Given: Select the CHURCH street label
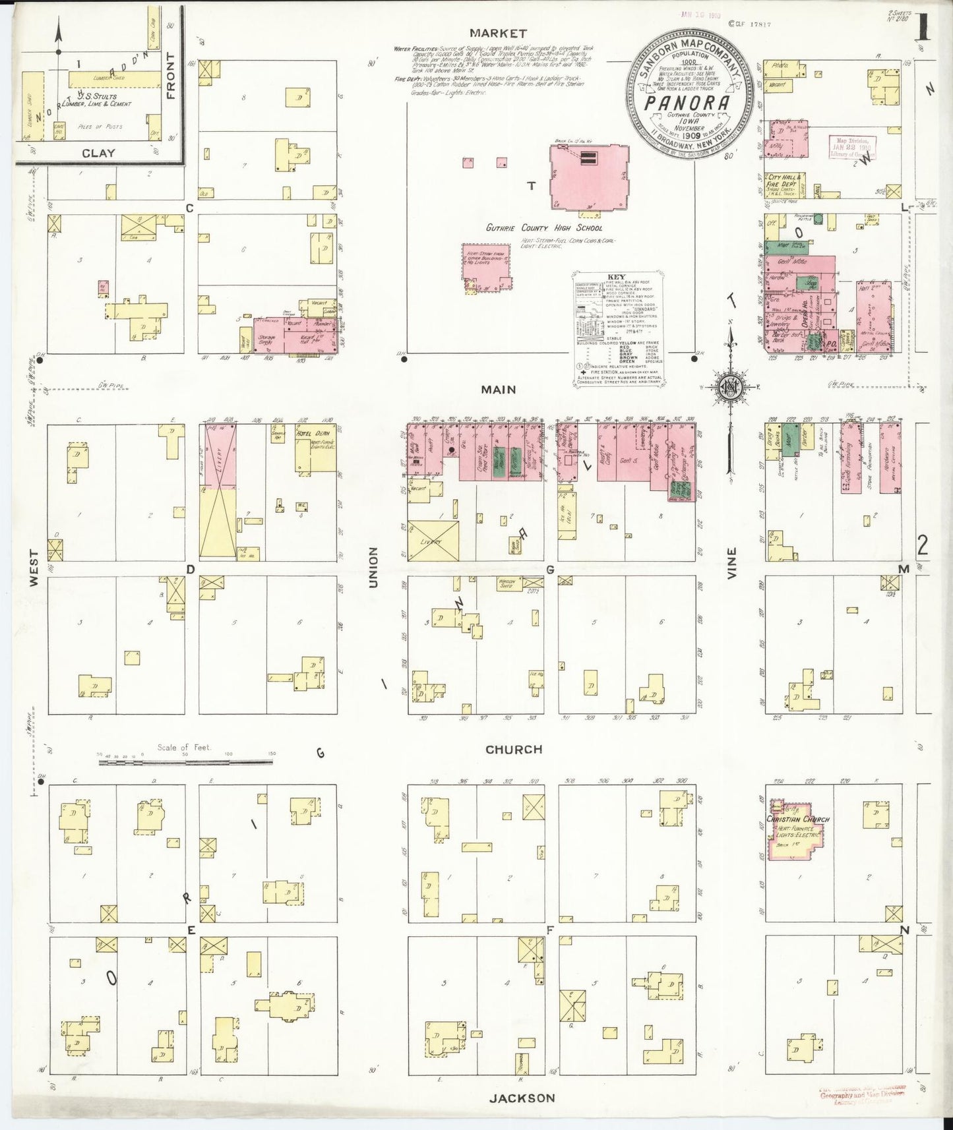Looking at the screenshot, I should (514, 750).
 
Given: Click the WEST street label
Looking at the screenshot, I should (34, 568).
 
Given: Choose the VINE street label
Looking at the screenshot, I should (731, 564).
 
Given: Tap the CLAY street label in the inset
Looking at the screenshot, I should (98, 153).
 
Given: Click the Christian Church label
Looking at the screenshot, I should (797, 819).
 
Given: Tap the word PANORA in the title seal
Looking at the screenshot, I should (687, 103).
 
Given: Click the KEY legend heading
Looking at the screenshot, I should (617, 278).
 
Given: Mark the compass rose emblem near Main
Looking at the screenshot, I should (731, 384).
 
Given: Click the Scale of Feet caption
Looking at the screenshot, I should (183, 748).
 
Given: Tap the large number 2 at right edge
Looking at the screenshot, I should (922, 545).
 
